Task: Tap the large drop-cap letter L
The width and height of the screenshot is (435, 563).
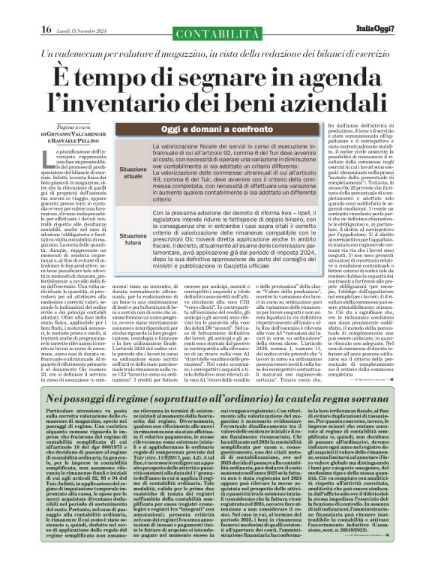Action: click(x=50, y=158)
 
